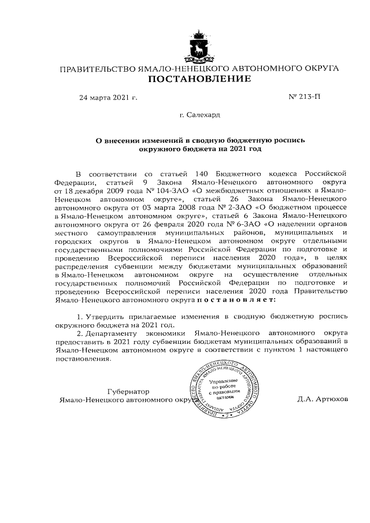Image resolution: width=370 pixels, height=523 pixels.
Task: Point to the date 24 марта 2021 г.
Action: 108,97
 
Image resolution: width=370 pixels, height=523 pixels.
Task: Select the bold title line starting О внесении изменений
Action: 200,140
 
